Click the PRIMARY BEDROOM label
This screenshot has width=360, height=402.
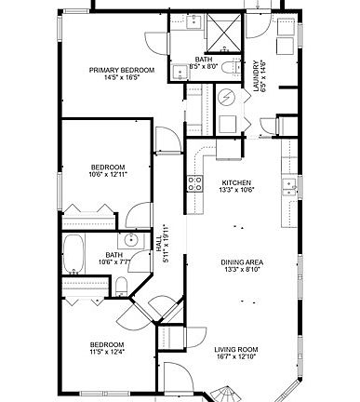121,70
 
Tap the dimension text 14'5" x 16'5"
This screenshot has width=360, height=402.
121,79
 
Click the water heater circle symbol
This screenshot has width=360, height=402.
226,98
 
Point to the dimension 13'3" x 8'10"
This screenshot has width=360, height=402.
240,271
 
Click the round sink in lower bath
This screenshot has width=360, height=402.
132,241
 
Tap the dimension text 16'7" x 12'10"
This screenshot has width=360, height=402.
235,358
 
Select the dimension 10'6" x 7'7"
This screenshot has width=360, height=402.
113,263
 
